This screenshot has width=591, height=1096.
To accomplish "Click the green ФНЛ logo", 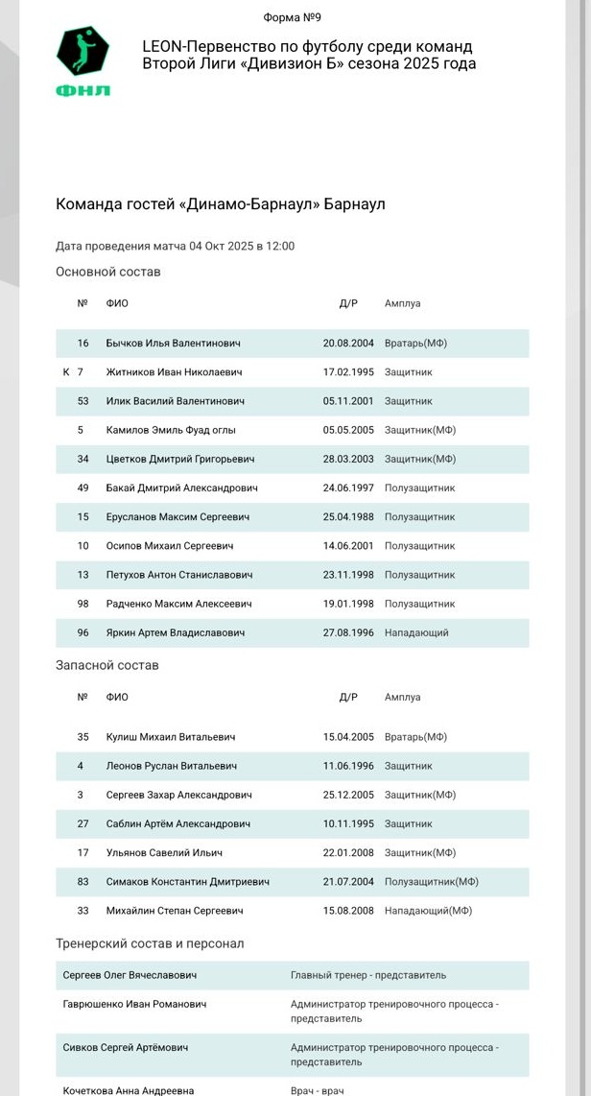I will coord(83,61).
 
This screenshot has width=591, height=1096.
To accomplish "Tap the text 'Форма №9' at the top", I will coord(294,17).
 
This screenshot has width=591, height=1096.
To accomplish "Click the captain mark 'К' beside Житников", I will coord(66,372).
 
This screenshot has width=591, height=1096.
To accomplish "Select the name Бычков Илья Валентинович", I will coord(173,344).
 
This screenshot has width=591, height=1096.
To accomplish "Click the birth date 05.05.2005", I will coord(346,430).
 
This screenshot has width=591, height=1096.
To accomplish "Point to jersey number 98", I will coord(83,604).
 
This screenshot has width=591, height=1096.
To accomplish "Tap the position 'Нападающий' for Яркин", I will coord(416,632).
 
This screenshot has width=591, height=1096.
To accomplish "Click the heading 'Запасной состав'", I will coord(107,665).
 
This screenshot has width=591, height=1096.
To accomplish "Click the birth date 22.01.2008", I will coord(346,852).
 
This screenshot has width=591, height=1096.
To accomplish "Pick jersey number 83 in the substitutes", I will coord(83,882).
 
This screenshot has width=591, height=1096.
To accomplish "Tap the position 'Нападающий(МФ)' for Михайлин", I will coord(428,911).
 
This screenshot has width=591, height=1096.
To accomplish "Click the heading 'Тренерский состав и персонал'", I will coord(150,943).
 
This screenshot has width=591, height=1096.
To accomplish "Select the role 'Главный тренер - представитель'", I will coord(368,975).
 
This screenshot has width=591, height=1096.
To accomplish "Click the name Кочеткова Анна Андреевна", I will coord(129,1090).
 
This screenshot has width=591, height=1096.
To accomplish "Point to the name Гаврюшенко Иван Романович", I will coord(134,1004).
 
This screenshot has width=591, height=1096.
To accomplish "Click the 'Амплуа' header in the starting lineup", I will coord(402,303).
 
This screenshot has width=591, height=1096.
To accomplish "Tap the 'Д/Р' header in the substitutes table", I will coord(348,697).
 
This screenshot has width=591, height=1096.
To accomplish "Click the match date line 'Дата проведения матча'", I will coord(175,246).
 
